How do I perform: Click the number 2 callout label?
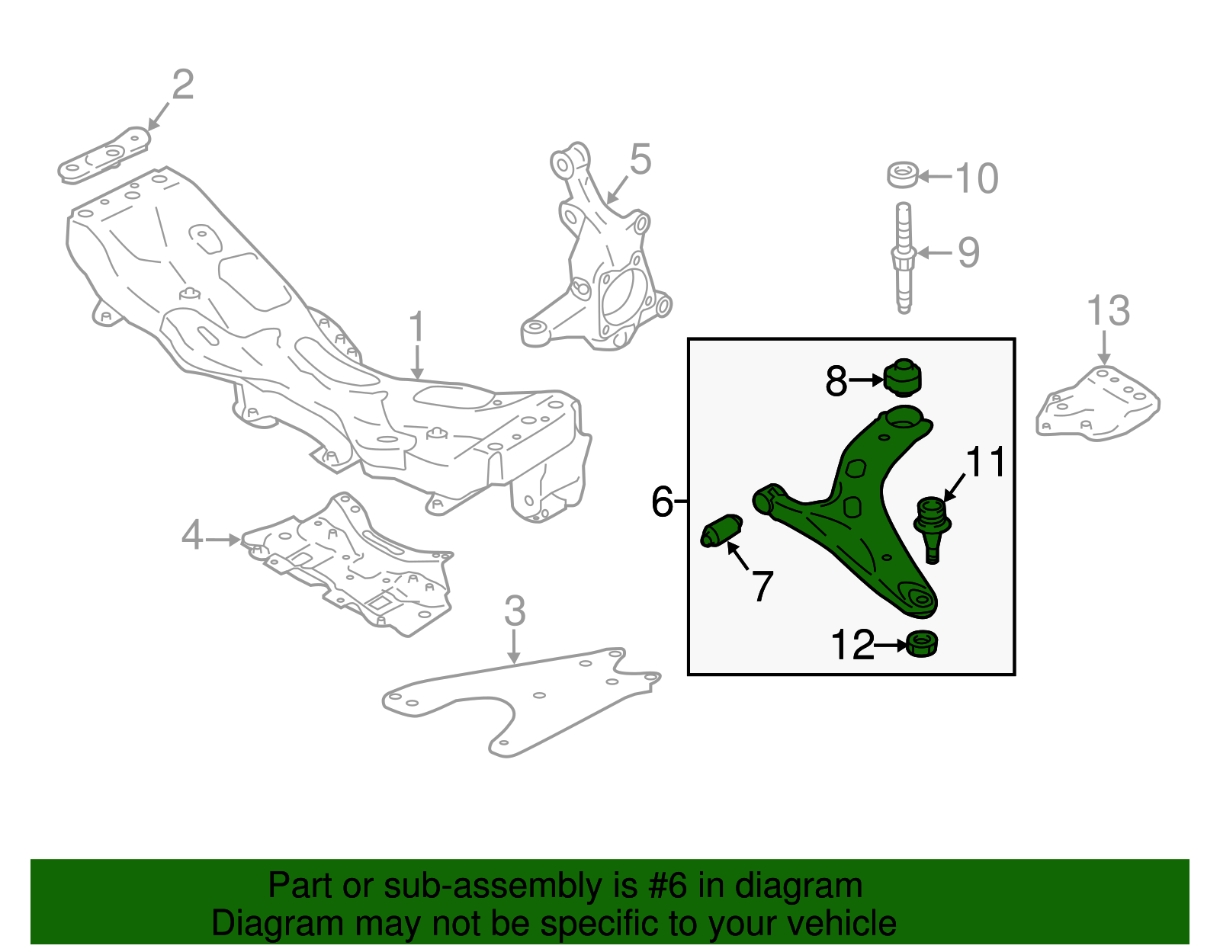coord(182,85)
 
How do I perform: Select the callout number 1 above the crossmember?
coord(416,327)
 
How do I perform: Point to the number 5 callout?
coord(640,160)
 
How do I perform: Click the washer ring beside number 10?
coord(902,175)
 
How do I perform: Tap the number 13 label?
coord(1107,311)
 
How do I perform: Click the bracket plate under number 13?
coord(1098,404)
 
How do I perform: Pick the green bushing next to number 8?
coord(903,378)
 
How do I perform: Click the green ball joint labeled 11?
coord(932,526)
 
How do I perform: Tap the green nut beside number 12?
coord(923,645)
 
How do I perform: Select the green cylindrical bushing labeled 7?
coord(721,530)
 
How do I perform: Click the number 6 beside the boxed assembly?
coord(661,502)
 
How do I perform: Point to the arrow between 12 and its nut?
coord(891,646)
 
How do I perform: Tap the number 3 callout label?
coord(515,611)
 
